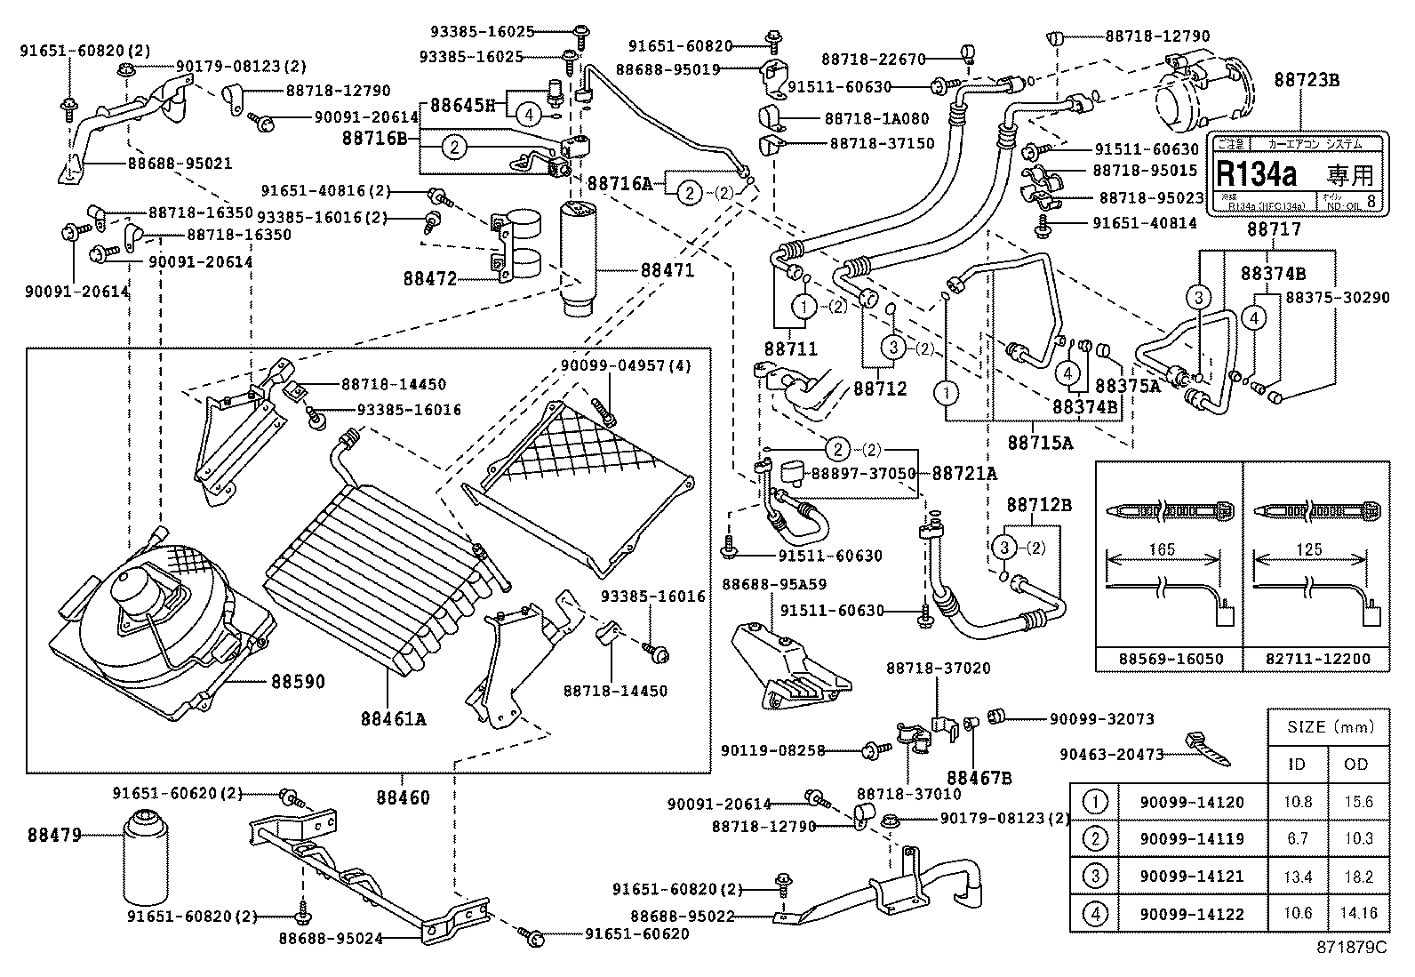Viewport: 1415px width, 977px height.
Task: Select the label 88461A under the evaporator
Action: (x=393, y=717)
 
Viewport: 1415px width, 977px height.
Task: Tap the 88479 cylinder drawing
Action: (x=144, y=859)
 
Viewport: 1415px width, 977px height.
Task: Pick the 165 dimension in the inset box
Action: (x=1162, y=549)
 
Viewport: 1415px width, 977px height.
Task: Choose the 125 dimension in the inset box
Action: (x=1309, y=549)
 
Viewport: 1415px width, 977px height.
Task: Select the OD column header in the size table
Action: (x=1356, y=764)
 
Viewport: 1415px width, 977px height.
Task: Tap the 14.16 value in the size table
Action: (x=1356, y=913)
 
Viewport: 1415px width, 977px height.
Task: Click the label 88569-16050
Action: (x=1170, y=659)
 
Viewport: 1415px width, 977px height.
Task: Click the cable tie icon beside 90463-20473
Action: (x=1206, y=749)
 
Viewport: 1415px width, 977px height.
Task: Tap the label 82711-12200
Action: (x=1316, y=659)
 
